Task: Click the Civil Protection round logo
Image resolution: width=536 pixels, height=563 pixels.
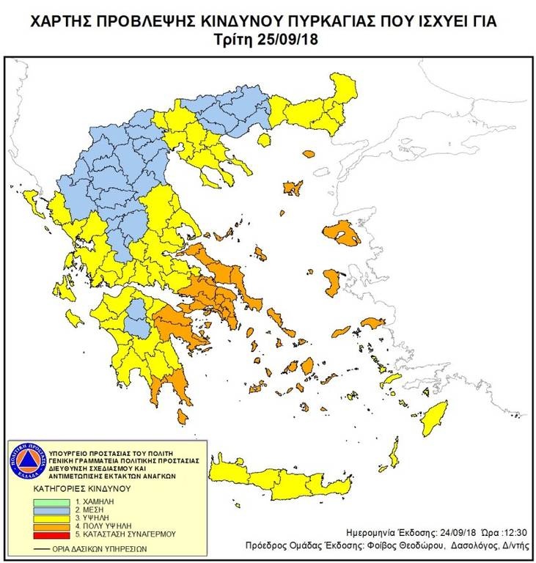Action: (x=27, y=461)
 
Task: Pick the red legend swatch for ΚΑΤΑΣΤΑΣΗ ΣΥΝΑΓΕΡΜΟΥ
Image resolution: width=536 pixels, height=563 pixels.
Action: (x=53, y=534)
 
